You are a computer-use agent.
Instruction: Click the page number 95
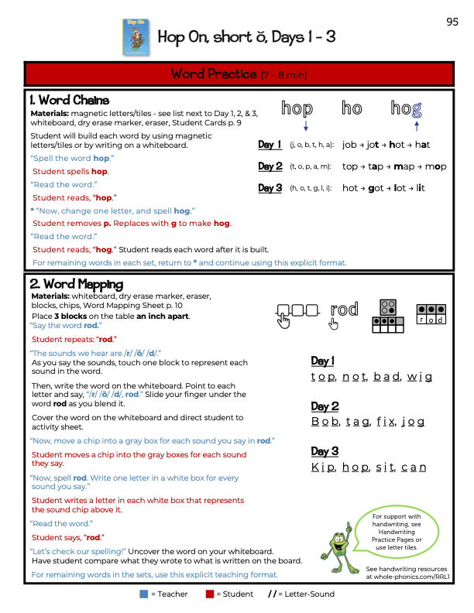(452, 22)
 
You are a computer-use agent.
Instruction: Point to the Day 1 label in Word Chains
(270, 145)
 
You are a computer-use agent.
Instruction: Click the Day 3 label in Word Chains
(270, 188)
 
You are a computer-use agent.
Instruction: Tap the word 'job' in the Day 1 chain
(349, 145)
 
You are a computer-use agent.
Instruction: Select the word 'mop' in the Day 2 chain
(435, 166)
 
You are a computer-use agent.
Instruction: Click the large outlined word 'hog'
(406, 109)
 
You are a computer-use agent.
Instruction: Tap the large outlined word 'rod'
(344, 310)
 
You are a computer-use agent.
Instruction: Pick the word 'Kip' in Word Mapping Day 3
(321, 467)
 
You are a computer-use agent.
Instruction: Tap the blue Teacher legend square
(143, 594)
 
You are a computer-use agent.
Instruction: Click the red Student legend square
(209, 594)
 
